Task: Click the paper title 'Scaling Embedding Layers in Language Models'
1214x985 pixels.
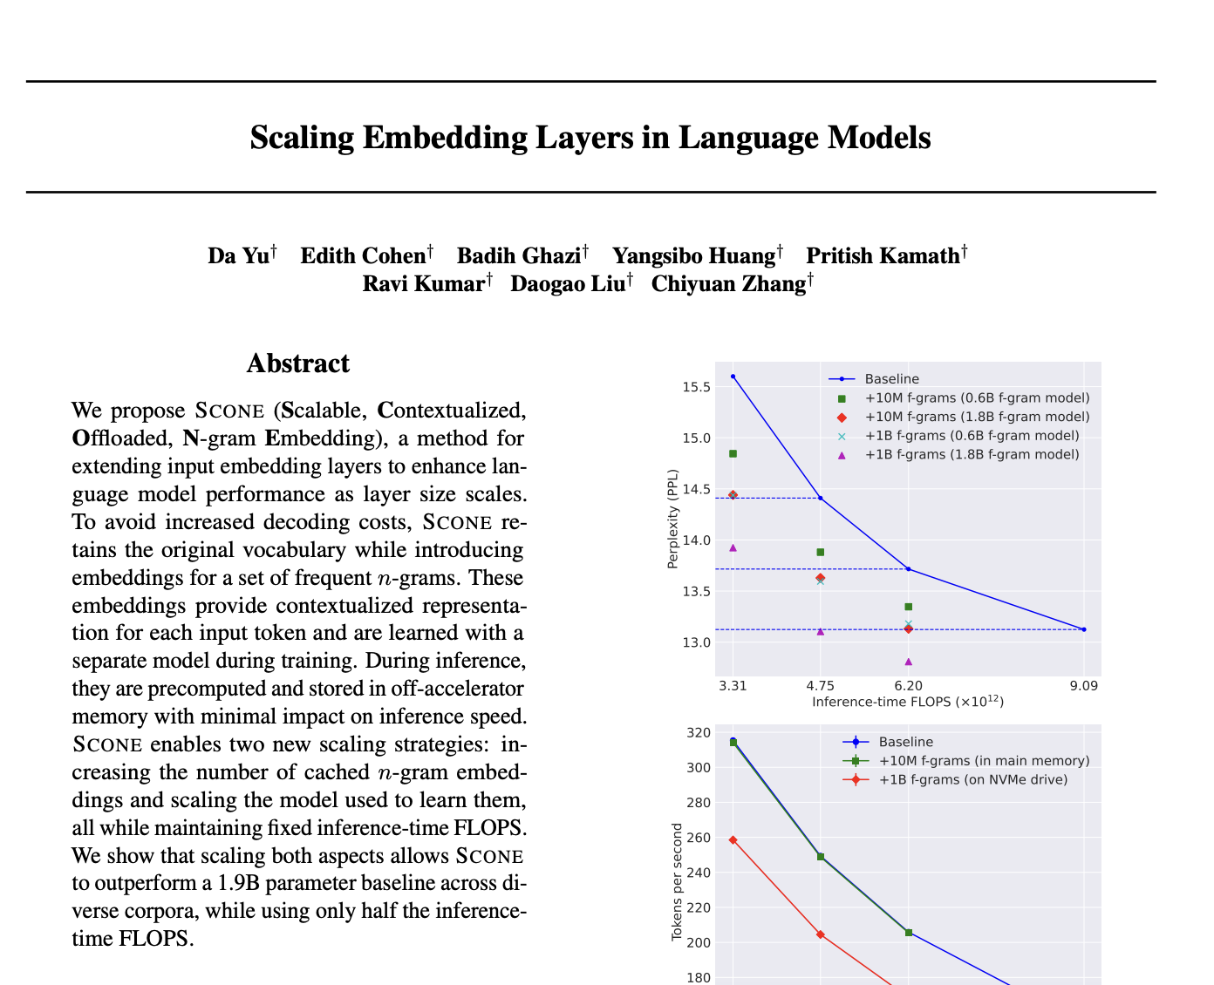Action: [x=590, y=138]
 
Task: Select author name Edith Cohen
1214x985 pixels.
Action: [x=363, y=255]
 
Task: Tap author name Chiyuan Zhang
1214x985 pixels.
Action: [x=728, y=283]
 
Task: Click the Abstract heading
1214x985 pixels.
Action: [x=297, y=363]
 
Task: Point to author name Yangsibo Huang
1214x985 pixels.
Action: [x=693, y=255]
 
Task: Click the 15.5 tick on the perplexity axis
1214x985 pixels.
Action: [x=695, y=386]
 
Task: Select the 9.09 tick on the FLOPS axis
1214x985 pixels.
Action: [x=1083, y=685]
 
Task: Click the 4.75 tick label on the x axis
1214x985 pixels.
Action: [x=820, y=685]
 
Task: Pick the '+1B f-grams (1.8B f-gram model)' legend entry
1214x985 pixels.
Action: [x=972, y=454]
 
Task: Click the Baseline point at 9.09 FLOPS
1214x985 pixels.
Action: [x=1083, y=629]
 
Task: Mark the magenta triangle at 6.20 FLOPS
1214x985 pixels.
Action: [x=908, y=662]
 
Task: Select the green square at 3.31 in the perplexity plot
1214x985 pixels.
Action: [x=733, y=453]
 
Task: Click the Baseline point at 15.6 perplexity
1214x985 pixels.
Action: [x=733, y=377]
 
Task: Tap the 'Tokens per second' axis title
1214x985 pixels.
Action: [x=677, y=894]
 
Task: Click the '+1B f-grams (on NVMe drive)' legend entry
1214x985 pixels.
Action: [x=972, y=779]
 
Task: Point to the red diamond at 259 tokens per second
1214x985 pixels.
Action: [x=733, y=839]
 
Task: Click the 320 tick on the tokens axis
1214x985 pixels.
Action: [x=699, y=733]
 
